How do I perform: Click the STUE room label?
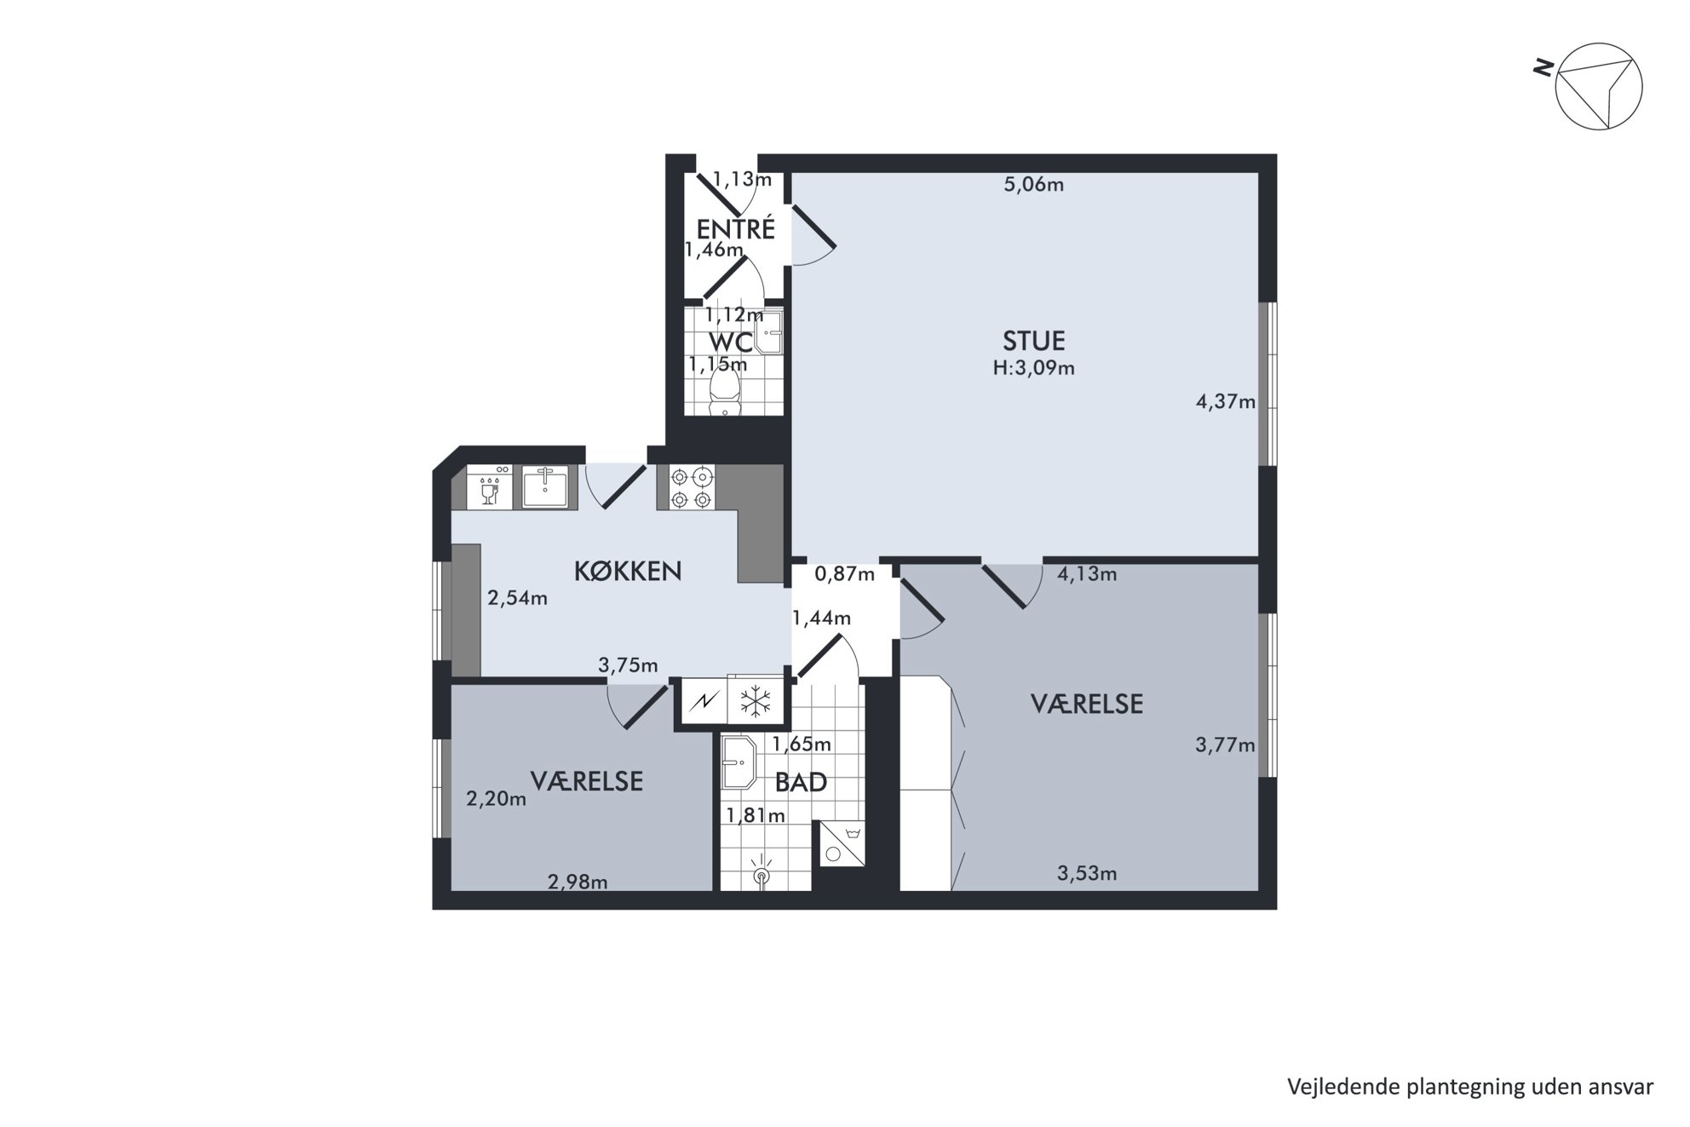[1033, 341]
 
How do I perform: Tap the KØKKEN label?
[628, 571]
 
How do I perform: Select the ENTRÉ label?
[736, 229]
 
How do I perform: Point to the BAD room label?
[801, 782]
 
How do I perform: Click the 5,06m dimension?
[1033, 184]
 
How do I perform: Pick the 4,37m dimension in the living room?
[1226, 401]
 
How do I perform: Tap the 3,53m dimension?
[1087, 873]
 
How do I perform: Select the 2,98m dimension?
[578, 883]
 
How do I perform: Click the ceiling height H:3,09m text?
[1033, 369]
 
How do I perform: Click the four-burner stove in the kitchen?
[691, 488]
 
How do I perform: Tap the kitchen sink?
[544, 487]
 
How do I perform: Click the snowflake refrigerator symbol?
[755, 702]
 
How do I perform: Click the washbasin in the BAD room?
[739, 763]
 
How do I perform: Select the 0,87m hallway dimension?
[844, 574]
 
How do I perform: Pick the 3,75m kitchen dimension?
[628, 665]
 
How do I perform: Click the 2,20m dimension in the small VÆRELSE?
[497, 799]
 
